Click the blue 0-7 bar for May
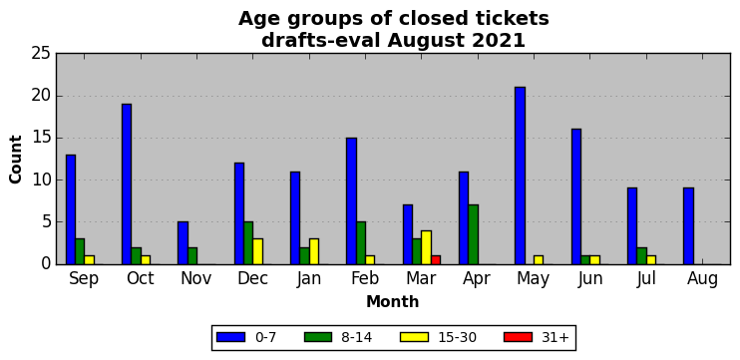(520, 176)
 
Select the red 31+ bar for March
(436, 260)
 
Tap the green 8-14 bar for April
(474, 234)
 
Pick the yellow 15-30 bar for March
(427, 247)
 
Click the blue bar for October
(127, 184)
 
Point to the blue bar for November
(183, 243)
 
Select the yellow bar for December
(257, 251)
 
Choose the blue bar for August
(688, 226)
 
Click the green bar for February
(361, 243)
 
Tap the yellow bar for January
(314, 251)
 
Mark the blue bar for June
(576, 196)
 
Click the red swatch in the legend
(519, 337)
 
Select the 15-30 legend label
(456, 337)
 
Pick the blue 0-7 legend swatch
(230, 337)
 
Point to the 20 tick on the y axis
(41, 97)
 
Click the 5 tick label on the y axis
(46, 222)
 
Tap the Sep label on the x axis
(84, 279)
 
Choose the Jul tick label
(646, 279)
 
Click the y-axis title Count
(16, 159)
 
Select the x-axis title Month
(393, 301)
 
